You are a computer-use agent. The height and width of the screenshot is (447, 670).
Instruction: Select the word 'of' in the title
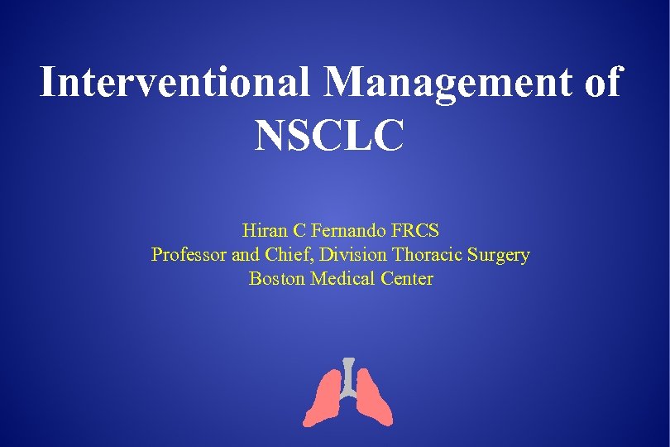pyautogui.click(x=601, y=83)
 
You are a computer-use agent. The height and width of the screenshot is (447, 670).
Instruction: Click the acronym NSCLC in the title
pyautogui.click(x=330, y=135)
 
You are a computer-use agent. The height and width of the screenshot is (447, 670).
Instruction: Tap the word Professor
pyautogui.click(x=188, y=255)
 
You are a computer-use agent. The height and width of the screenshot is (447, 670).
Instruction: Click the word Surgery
pyautogui.click(x=499, y=256)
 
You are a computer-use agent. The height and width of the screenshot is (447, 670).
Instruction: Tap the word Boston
pyautogui.click(x=277, y=279)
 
